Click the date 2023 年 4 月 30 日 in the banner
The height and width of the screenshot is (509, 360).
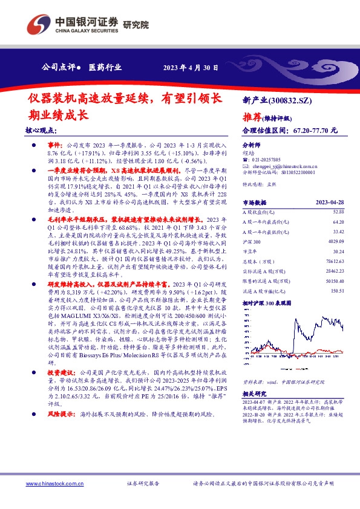coord(191,68)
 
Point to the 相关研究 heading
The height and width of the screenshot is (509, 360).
coord(253,393)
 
